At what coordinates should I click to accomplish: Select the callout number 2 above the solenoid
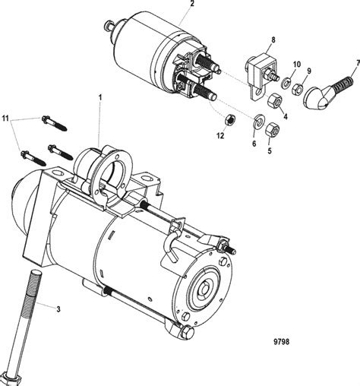[191, 5]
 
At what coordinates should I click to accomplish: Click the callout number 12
[220, 135]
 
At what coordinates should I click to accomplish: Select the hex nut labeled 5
[275, 131]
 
